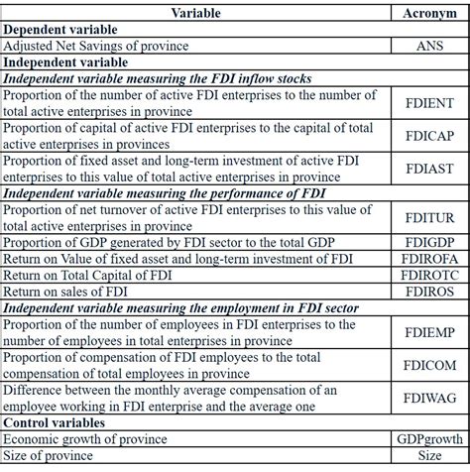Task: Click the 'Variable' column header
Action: tap(196, 14)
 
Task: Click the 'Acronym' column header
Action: tap(428, 14)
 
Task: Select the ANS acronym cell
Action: tap(428, 46)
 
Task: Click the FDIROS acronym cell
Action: tap(428, 295)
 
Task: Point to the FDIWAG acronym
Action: tap(428, 401)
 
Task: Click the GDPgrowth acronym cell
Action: tap(428, 440)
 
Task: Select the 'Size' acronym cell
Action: tap(428, 456)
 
